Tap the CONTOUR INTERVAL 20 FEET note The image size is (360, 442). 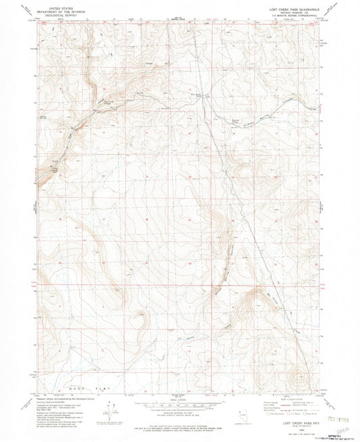coord(180,413)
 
